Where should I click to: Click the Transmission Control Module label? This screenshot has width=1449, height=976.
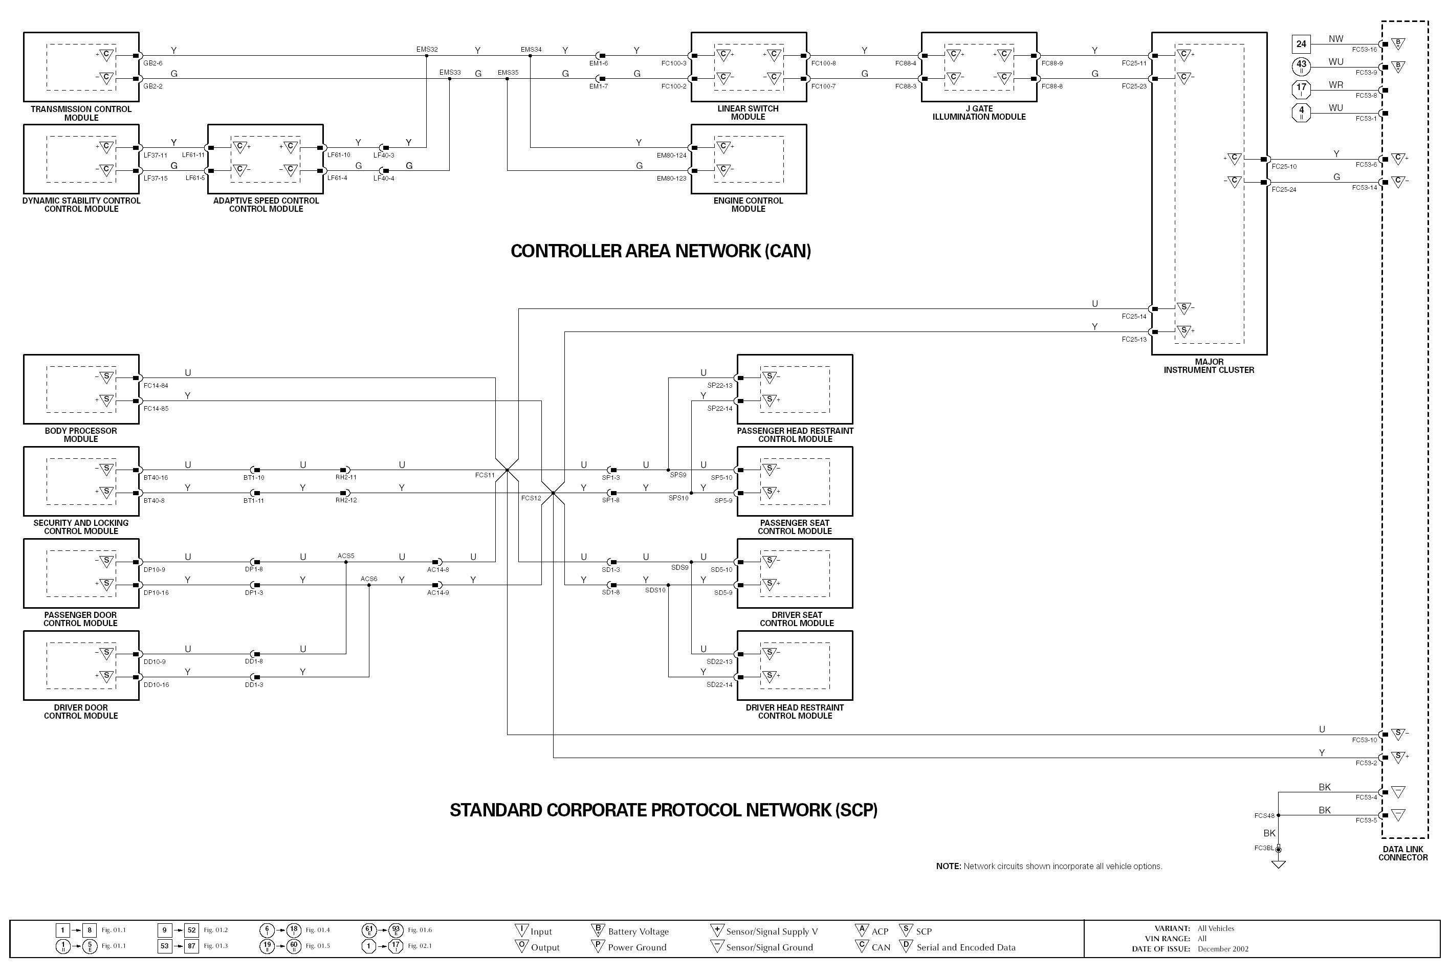(x=81, y=113)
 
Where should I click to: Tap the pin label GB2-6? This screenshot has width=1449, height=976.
(x=152, y=63)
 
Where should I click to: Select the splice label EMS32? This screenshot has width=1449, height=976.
(x=427, y=49)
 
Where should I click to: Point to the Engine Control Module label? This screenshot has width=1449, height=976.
(x=748, y=205)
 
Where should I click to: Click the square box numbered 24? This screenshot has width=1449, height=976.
(x=1301, y=44)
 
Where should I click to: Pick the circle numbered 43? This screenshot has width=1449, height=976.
(x=1301, y=66)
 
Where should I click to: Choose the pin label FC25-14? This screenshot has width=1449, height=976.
(x=1133, y=316)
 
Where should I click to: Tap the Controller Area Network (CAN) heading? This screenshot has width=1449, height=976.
(x=661, y=251)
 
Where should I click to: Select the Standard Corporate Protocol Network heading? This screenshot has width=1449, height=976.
(x=664, y=810)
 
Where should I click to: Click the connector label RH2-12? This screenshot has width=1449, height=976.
(x=346, y=500)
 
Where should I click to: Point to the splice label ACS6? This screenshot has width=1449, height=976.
(x=368, y=579)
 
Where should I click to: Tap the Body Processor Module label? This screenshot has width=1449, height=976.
(x=81, y=434)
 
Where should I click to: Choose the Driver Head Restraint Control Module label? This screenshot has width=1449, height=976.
(x=795, y=712)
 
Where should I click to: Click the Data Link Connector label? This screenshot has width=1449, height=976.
(x=1403, y=853)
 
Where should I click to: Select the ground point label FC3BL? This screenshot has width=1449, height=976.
(x=1263, y=848)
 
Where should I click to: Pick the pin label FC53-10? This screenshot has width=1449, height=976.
(x=1365, y=740)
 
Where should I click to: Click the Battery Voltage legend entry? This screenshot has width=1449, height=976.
(x=638, y=932)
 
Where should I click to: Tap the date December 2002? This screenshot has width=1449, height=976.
(x=1222, y=949)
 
